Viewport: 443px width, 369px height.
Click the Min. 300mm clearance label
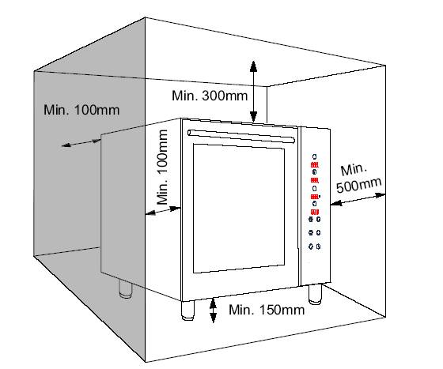click(x=210, y=96)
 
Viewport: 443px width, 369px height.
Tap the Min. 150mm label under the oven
click(x=267, y=310)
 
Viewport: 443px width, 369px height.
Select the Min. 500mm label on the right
click(x=359, y=179)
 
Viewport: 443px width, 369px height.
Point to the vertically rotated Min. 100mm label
click(x=163, y=167)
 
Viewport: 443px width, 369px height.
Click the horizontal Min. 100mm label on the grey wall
click(x=81, y=110)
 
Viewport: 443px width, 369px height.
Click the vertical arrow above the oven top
click(x=253, y=92)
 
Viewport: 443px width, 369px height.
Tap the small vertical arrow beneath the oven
click(x=213, y=311)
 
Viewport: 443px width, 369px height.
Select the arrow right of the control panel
click(x=358, y=199)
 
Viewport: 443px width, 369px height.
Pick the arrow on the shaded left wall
click(x=81, y=143)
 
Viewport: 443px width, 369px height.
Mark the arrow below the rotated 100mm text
click(x=163, y=211)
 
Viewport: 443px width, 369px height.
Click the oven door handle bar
click(x=241, y=136)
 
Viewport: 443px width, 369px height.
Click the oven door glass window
click(x=239, y=209)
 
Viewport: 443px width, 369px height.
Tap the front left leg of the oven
click(x=188, y=311)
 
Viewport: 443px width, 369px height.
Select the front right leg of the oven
click(x=316, y=295)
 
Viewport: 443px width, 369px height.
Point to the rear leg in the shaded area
click(x=126, y=289)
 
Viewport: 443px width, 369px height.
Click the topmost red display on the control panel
click(x=315, y=165)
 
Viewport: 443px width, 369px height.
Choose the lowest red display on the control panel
click(x=315, y=212)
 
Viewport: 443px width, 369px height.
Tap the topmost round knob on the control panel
click(x=315, y=156)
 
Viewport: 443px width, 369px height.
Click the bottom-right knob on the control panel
click(x=318, y=247)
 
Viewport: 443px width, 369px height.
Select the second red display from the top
click(x=315, y=180)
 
